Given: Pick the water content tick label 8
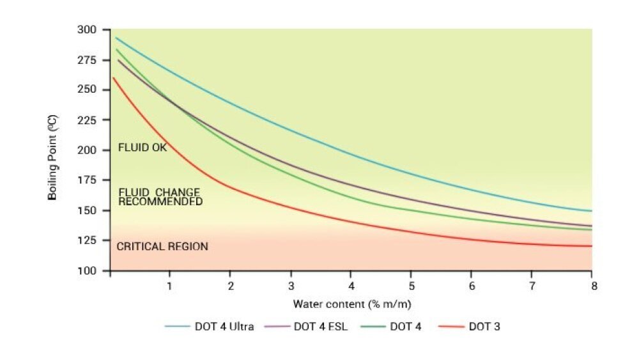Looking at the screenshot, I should pyautogui.click(x=594, y=285).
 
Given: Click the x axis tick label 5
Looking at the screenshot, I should pyautogui.click(x=412, y=285).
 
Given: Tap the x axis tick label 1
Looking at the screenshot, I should pyautogui.click(x=169, y=285).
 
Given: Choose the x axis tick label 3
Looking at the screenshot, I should pyautogui.click(x=291, y=285).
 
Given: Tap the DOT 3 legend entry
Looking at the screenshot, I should pyautogui.click(x=484, y=327).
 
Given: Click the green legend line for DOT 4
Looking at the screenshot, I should pyautogui.click(x=371, y=327).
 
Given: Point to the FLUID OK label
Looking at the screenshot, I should pyautogui.click(x=142, y=148).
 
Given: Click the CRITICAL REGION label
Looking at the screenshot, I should pyautogui.click(x=162, y=246).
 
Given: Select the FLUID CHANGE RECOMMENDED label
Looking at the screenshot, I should pyautogui.click(x=160, y=197).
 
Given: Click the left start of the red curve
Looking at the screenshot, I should pyautogui.click(x=113, y=78).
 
